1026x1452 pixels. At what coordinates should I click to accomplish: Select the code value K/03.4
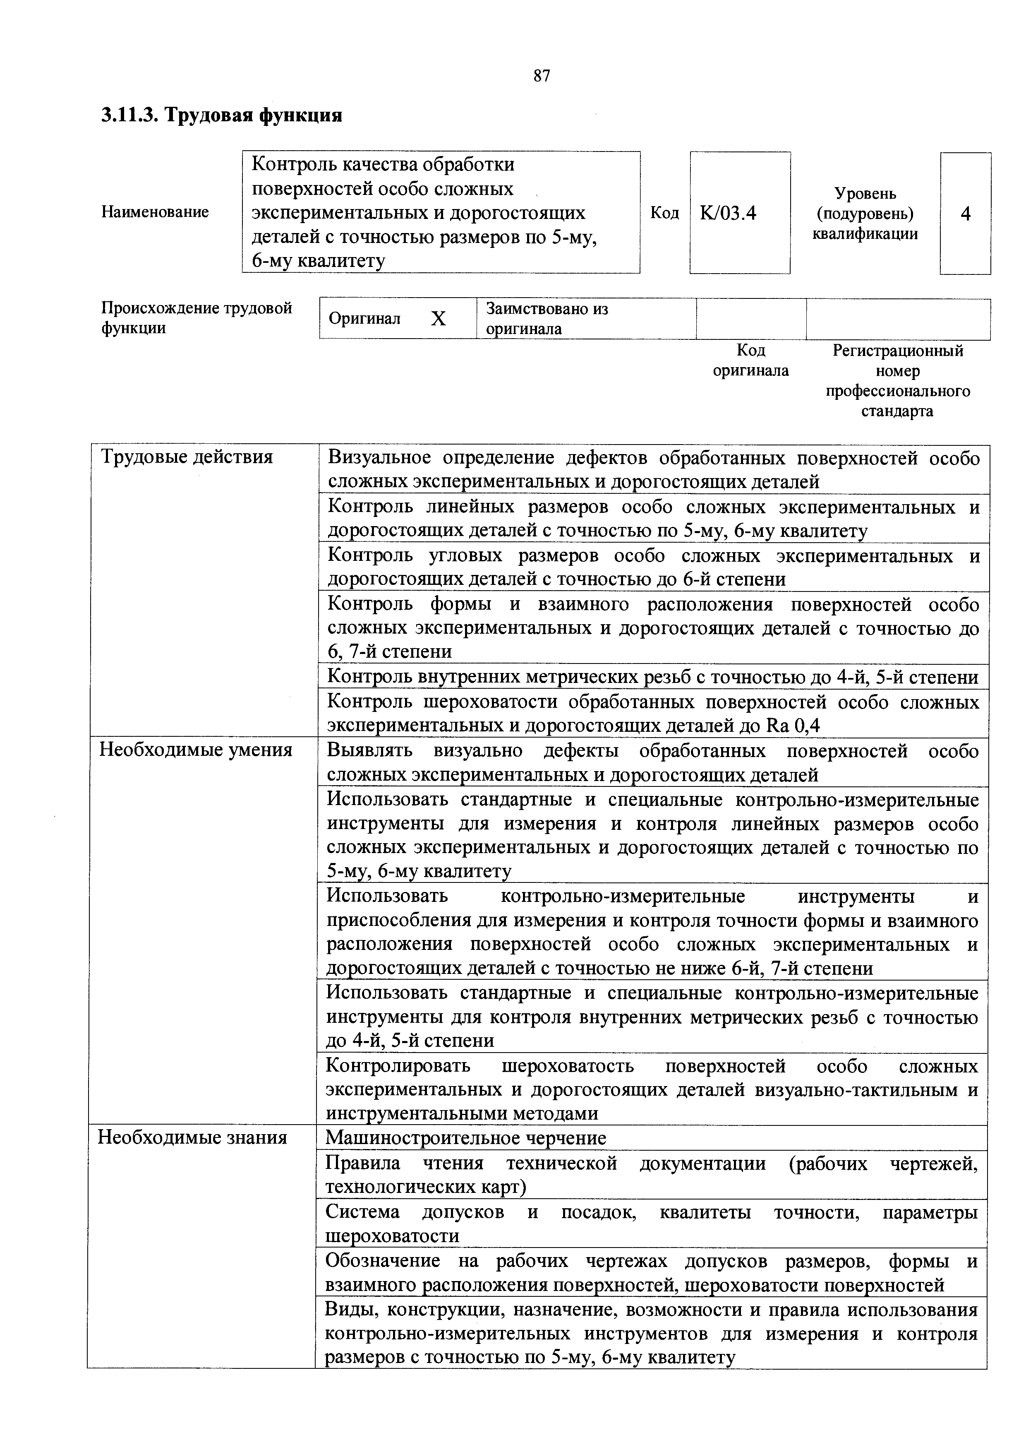(x=728, y=213)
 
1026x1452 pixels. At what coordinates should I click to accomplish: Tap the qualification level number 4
(x=965, y=214)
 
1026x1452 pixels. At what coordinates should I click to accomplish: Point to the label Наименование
(x=155, y=212)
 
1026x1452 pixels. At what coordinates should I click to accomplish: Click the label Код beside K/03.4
(x=664, y=213)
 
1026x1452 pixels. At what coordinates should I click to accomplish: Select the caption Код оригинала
(x=750, y=361)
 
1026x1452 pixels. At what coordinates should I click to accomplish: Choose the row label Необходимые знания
(x=192, y=1138)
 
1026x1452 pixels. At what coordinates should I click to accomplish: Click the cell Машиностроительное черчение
(x=465, y=1138)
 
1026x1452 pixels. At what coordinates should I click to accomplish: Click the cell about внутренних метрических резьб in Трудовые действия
(x=652, y=677)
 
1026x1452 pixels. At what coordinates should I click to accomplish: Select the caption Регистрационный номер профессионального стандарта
(x=898, y=381)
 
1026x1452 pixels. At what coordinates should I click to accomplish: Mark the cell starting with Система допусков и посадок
(x=651, y=1224)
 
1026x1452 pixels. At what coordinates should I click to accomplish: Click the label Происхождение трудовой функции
(x=197, y=318)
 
